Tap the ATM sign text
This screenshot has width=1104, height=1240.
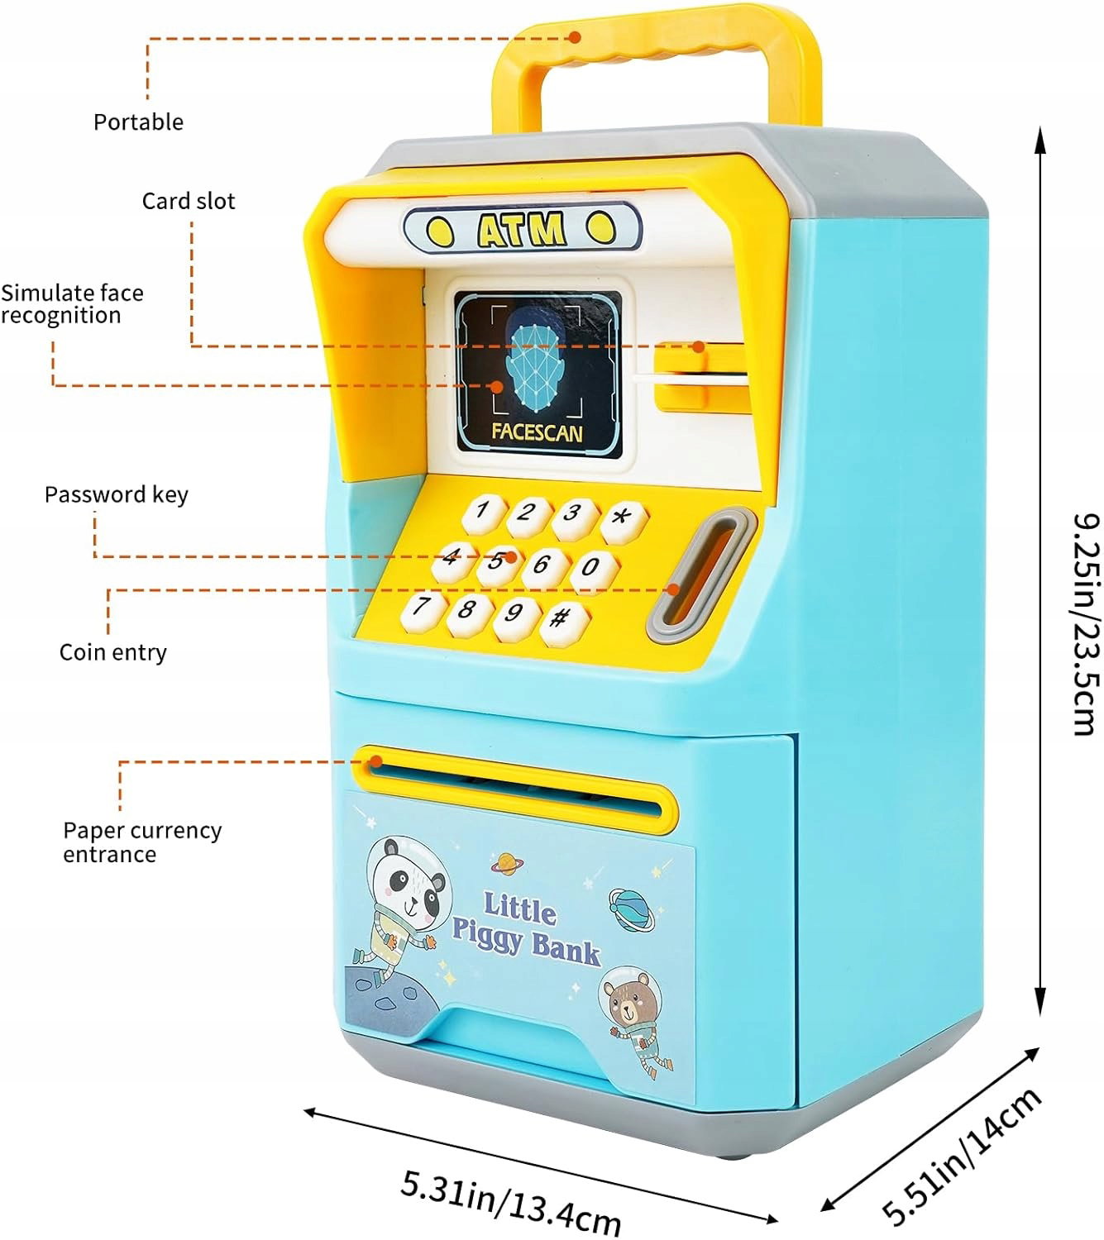tap(522, 229)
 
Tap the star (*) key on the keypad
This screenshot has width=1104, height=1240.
tap(624, 520)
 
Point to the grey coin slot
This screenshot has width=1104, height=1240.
tap(701, 576)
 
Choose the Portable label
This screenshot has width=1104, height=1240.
tap(138, 122)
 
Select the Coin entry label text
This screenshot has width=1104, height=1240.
tap(113, 652)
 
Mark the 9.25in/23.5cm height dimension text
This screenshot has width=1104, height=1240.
tap(1085, 623)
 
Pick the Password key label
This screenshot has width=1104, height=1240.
tap(117, 494)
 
